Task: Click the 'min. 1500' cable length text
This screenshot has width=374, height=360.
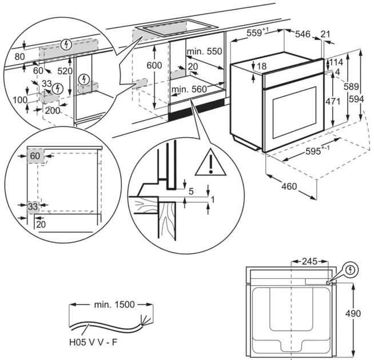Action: [x=113, y=305]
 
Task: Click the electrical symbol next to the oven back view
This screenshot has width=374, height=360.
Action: [x=350, y=269]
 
